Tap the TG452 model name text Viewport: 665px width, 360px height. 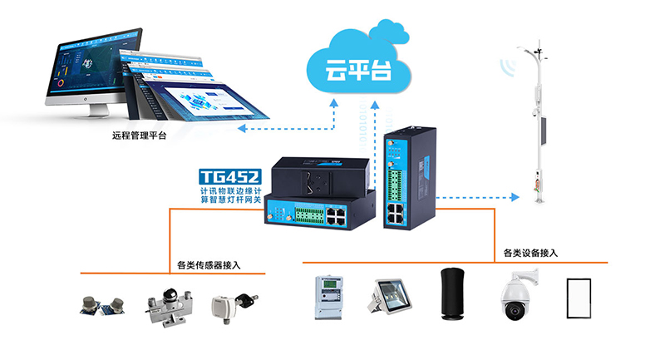point(229,176)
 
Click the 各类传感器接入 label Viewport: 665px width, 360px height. point(209,265)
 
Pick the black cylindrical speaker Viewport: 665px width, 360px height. point(452,295)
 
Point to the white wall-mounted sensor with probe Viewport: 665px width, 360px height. point(227,303)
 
